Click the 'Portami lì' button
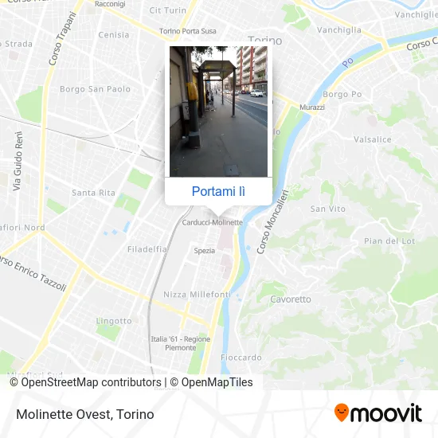pos(219,191)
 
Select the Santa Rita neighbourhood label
pos(93,193)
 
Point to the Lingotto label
pos(108,320)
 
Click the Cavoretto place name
pos(290,299)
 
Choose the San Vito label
pos(328,209)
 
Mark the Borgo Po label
pos(342,94)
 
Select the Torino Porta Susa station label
pos(187,31)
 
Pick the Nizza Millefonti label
pos(197,295)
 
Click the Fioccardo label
pos(241,357)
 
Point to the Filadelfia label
pos(147,248)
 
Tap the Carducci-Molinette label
pos(212,222)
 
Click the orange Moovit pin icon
pos(342,413)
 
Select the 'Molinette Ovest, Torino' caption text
pos(84,414)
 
